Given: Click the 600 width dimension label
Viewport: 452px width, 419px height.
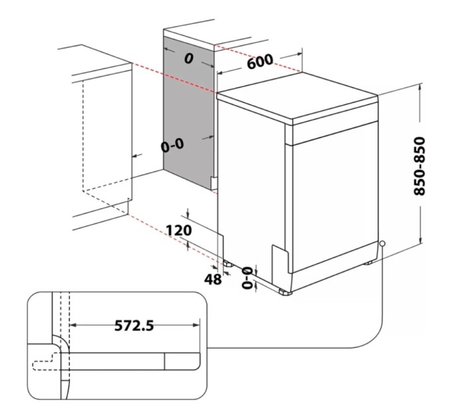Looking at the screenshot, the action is tap(260, 61).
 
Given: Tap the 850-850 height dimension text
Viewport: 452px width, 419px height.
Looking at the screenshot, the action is tap(419, 166).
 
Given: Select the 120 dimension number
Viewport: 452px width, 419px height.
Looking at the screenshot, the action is tap(179, 230).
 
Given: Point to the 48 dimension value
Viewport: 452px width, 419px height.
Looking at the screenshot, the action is tap(213, 279).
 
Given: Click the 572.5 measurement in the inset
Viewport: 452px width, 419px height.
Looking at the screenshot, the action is tap(134, 326).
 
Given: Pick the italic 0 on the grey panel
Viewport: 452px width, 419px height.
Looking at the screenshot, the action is tap(189, 59).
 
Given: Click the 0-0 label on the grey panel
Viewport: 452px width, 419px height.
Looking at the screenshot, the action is tap(172, 146).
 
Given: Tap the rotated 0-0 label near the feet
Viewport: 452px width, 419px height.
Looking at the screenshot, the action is tap(247, 278).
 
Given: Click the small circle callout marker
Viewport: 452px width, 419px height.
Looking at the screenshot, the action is tap(382, 243).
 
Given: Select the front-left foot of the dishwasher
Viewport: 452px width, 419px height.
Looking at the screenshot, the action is tap(285, 292).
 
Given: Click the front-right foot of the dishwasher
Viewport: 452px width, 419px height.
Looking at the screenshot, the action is tap(369, 263).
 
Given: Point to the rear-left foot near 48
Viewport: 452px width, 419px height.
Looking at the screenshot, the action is tap(228, 263).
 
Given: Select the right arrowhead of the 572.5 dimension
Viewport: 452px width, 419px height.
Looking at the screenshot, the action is tap(197, 325).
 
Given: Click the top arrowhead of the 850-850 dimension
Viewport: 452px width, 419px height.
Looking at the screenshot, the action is tap(421, 86).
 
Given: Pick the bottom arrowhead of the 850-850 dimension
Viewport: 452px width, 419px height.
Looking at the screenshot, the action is tap(421, 241).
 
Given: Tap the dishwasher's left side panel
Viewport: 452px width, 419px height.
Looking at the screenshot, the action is tap(251, 184).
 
